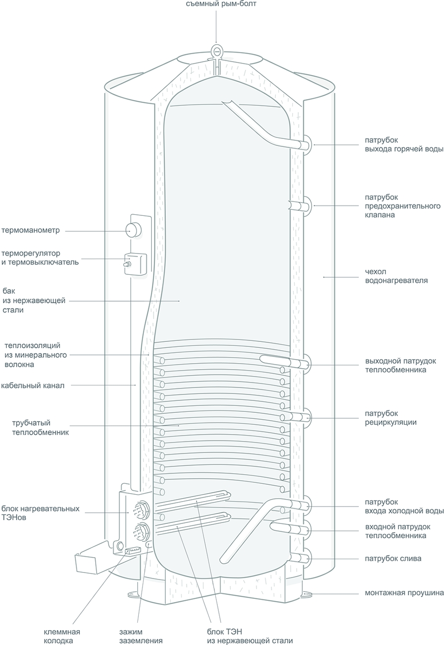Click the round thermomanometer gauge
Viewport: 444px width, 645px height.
pyautogui.click(x=133, y=229)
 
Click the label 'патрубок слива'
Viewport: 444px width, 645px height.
pyautogui.click(x=393, y=559)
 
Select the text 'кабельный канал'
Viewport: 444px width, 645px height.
pyautogui.click(x=33, y=385)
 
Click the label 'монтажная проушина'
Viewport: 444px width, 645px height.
pyautogui.click(x=404, y=592)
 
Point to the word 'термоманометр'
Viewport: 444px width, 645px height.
pyautogui.click(x=30, y=230)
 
